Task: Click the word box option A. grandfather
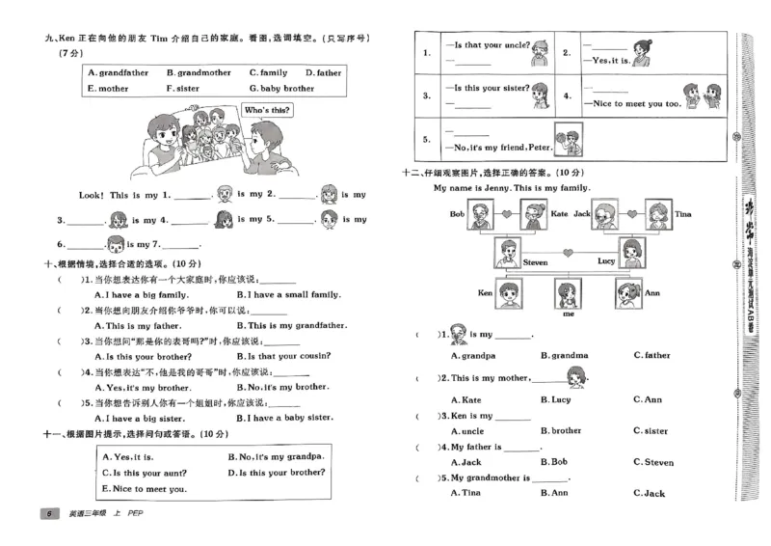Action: [119, 72]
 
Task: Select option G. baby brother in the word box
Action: [281, 88]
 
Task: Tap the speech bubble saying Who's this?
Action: [266, 111]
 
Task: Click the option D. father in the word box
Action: [324, 72]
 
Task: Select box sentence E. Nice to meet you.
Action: [143, 489]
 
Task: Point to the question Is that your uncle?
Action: [486, 45]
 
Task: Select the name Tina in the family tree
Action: [683, 213]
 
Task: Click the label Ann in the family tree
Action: [651, 292]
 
